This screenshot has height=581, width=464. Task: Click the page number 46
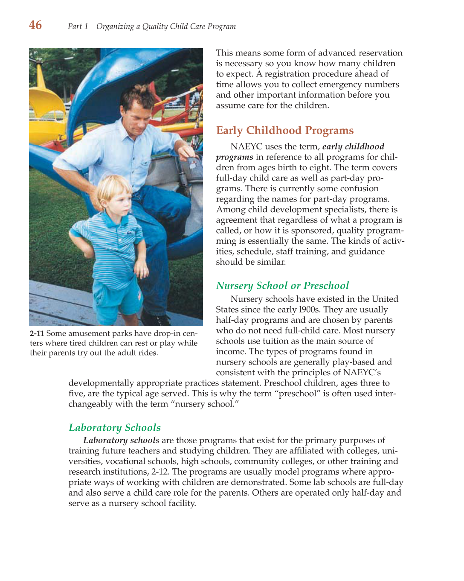point(35,25)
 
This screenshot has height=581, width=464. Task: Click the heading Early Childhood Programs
point(284,131)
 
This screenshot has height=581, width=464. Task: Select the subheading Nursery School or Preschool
point(282,286)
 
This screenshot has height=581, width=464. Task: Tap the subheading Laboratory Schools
point(114,428)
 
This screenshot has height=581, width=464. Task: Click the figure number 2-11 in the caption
point(37,333)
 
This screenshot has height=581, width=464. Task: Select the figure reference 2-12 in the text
point(160,472)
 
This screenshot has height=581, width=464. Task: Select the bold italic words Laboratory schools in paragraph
point(121,440)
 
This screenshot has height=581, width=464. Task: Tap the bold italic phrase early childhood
point(353,147)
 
